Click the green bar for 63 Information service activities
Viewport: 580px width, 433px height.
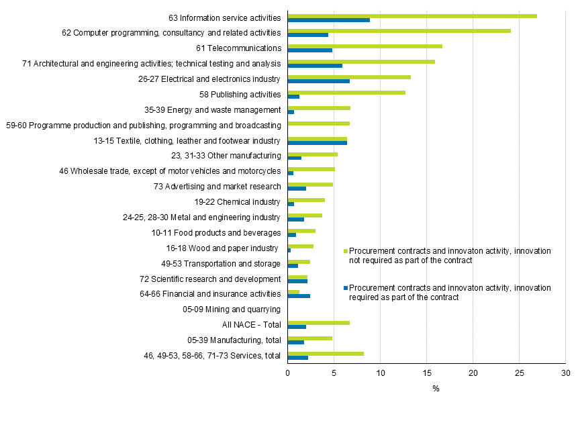(x=412, y=15)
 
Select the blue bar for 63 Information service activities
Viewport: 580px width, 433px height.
(x=328, y=20)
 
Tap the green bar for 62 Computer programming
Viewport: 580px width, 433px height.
(x=399, y=31)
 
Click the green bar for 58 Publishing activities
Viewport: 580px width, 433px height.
(x=346, y=92)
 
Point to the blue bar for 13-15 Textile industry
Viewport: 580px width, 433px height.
(x=317, y=143)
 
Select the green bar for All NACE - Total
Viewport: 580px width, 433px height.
(x=318, y=322)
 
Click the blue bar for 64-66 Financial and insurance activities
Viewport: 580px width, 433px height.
(x=299, y=296)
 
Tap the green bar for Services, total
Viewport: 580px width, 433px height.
(x=326, y=353)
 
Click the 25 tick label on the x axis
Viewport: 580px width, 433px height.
(x=519, y=373)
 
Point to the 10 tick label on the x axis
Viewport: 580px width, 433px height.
(x=380, y=373)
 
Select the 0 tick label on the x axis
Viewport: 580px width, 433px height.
(x=288, y=373)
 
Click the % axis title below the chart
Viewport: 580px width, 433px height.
(x=435, y=389)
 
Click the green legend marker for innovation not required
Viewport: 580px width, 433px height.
(x=346, y=251)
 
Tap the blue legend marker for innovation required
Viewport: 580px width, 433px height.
(x=346, y=288)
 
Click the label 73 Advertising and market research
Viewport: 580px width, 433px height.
(x=217, y=186)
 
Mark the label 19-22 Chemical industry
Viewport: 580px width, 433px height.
(x=238, y=201)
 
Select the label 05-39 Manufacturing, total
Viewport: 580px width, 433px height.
(x=234, y=340)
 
